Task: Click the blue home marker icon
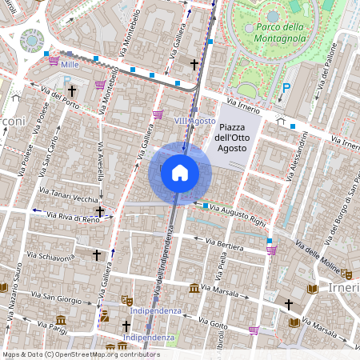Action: coord(180,173)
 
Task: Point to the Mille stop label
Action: coord(70,62)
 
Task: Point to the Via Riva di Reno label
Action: coord(64,217)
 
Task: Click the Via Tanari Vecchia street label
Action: coord(68,197)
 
